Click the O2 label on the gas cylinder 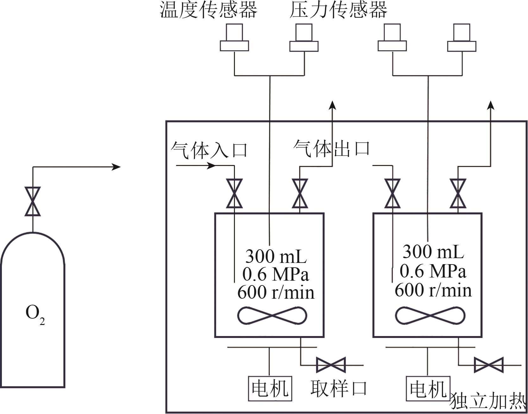click(35, 315)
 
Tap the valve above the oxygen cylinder click(33, 201)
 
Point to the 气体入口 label click(209, 150)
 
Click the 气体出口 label click(331, 148)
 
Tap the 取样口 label click(338, 388)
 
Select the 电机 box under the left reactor click(270, 388)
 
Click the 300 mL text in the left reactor click(276, 256)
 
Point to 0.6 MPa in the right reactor click(433, 271)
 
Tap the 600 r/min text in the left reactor click(276, 292)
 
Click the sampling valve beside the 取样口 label click(331, 365)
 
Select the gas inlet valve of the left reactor click(234, 193)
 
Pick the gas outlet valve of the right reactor click(458, 193)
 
